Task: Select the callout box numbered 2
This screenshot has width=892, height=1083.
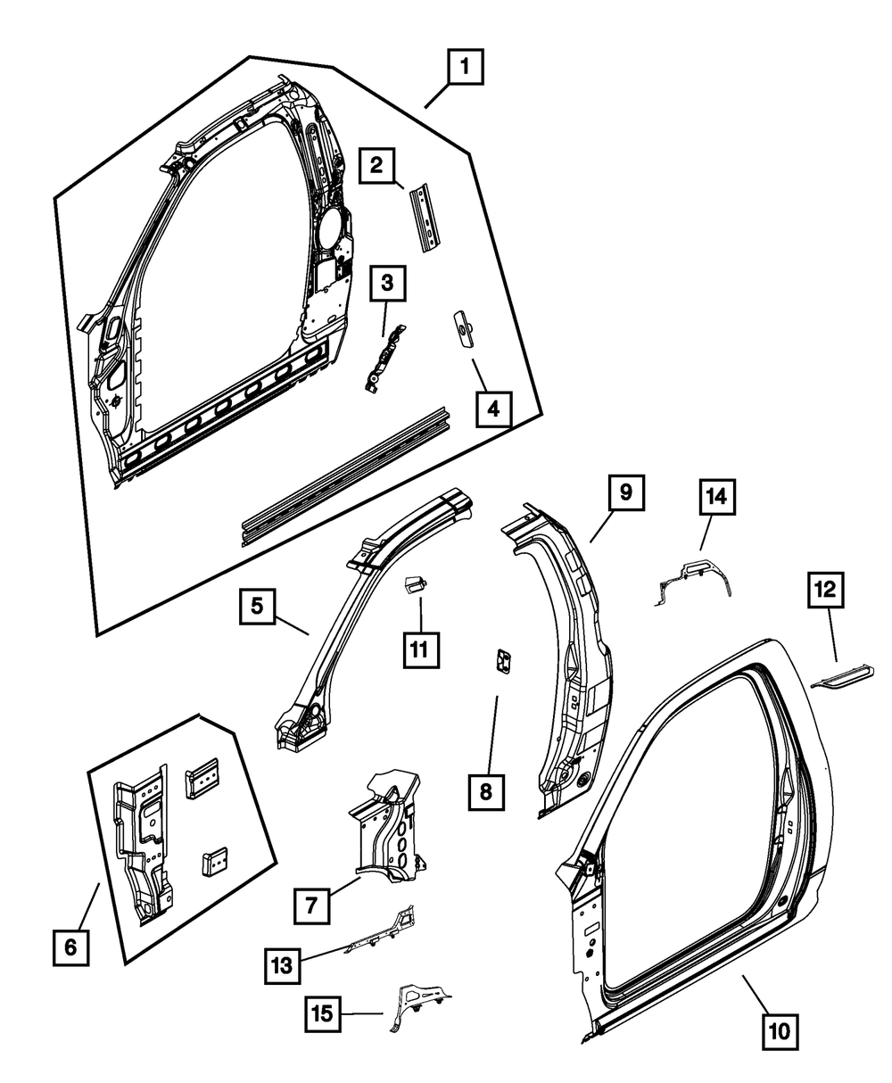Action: [x=377, y=165]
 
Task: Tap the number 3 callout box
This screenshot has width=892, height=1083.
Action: [x=387, y=285]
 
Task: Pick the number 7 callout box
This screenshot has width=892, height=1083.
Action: [x=310, y=906]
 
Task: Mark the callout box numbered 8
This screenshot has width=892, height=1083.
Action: [x=487, y=791]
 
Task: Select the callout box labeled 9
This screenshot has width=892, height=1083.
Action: [x=626, y=492]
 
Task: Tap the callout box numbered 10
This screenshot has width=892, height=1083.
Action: [x=779, y=1033]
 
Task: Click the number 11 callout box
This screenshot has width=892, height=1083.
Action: [x=418, y=649]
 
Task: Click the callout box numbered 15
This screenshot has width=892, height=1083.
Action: [x=326, y=1013]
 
